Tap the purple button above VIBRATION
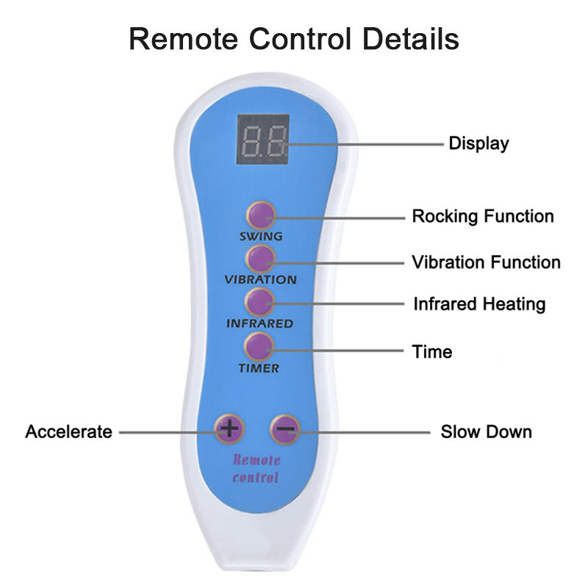(x=260, y=259)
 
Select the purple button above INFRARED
(x=260, y=302)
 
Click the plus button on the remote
(x=229, y=429)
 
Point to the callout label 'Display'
(x=478, y=143)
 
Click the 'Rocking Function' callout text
(x=482, y=217)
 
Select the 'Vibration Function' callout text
(x=485, y=262)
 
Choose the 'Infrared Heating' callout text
(x=479, y=304)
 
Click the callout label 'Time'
(x=431, y=352)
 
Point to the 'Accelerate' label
(x=69, y=431)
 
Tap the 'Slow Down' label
(x=486, y=431)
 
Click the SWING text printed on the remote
(x=260, y=237)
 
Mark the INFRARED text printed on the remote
(x=259, y=323)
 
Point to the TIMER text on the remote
(x=259, y=368)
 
